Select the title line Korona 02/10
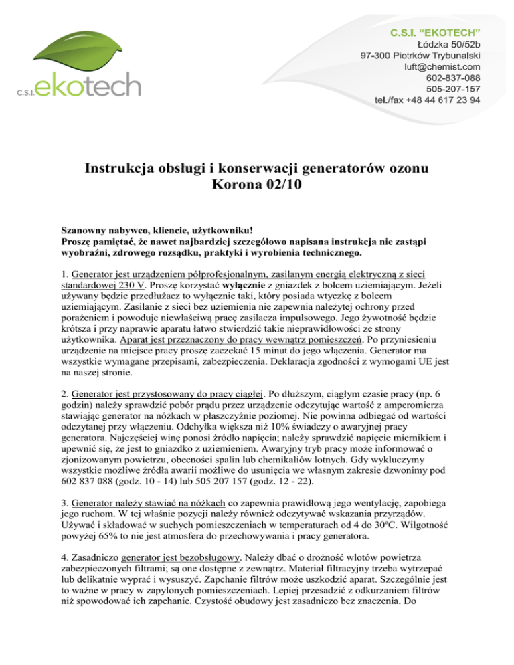click(x=256, y=180)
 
